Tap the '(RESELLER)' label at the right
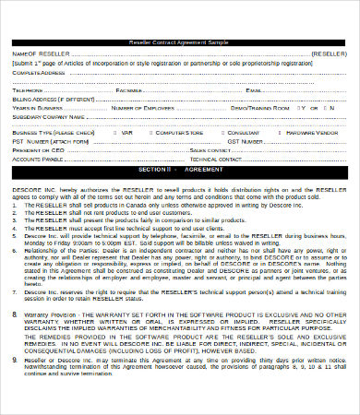[x=329, y=53]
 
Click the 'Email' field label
[x=254, y=90]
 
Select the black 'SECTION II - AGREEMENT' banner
[x=180, y=170]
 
